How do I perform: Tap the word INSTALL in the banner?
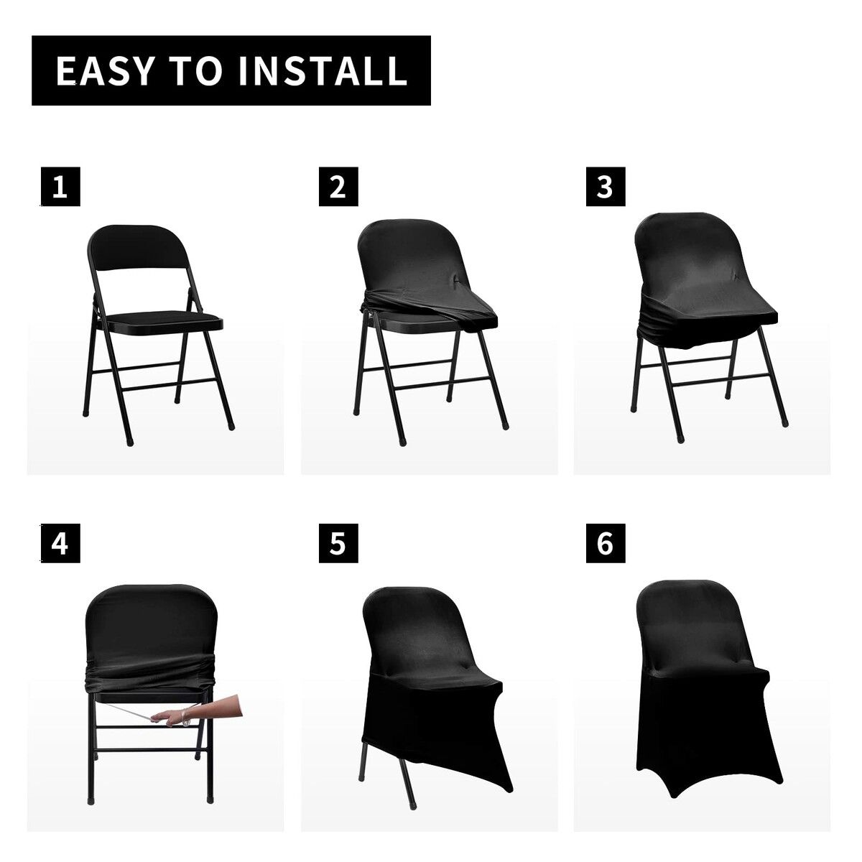point(323,70)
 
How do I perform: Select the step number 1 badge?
point(60,187)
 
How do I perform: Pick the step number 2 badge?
point(338,187)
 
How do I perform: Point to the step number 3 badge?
point(606,187)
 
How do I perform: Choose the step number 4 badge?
point(60,543)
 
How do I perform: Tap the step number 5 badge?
point(338,543)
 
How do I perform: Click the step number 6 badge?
point(606,543)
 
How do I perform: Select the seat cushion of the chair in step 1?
point(164,320)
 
